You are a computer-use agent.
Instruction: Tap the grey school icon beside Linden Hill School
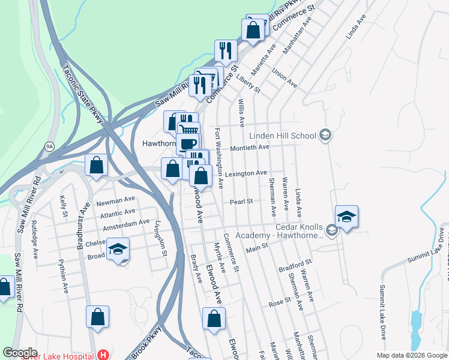(325, 134)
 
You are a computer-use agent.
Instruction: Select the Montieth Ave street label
(249, 147)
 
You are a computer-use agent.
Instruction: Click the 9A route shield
(49, 145)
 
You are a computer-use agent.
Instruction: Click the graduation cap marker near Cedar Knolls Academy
(346, 216)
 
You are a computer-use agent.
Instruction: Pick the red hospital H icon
(104, 355)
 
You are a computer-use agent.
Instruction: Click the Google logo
(20, 353)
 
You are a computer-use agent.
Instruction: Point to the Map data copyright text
(411, 355)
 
